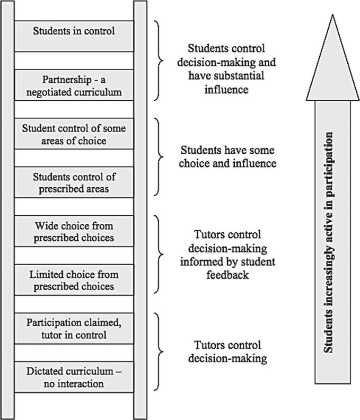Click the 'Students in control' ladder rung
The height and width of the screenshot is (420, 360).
(x=74, y=31)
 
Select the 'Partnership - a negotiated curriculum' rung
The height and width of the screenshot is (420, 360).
(x=74, y=85)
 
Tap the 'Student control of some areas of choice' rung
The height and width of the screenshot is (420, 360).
(x=74, y=134)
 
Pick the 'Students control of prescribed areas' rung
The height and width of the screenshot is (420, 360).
(x=74, y=182)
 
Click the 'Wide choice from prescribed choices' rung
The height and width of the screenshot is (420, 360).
(x=74, y=231)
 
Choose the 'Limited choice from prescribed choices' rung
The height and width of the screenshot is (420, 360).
(x=74, y=280)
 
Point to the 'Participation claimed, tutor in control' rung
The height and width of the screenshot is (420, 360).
(x=74, y=328)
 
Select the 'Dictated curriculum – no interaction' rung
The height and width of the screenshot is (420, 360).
(x=74, y=377)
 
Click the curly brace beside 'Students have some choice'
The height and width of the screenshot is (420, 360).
(x=159, y=157)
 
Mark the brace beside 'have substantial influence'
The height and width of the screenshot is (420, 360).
(x=159, y=61)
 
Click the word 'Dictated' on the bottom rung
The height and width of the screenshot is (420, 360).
(x=43, y=372)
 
